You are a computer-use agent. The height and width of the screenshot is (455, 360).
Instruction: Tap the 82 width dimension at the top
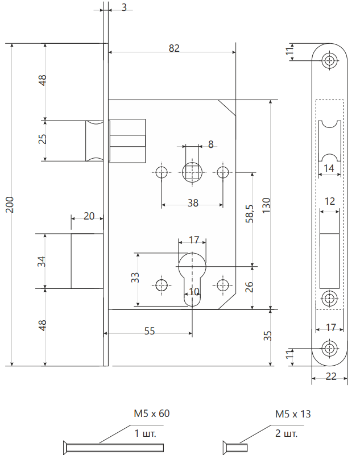point(174,48)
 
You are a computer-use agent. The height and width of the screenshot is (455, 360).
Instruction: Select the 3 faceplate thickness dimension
point(124,7)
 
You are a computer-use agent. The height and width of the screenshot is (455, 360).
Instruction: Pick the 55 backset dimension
point(149,331)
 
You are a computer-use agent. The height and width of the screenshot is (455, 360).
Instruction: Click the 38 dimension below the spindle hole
point(193,203)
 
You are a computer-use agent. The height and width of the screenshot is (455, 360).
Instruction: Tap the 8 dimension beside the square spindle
point(210,144)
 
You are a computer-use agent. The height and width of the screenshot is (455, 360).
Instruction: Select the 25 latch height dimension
point(43,139)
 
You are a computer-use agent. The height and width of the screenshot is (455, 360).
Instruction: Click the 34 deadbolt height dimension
point(42,262)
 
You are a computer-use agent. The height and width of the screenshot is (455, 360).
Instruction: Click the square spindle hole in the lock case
point(192,172)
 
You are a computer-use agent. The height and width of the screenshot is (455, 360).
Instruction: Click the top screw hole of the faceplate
point(329,60)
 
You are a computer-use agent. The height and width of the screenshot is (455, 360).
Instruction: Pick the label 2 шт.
point(287,434)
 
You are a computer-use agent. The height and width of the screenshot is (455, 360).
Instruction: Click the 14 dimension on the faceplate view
point(329,168)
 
